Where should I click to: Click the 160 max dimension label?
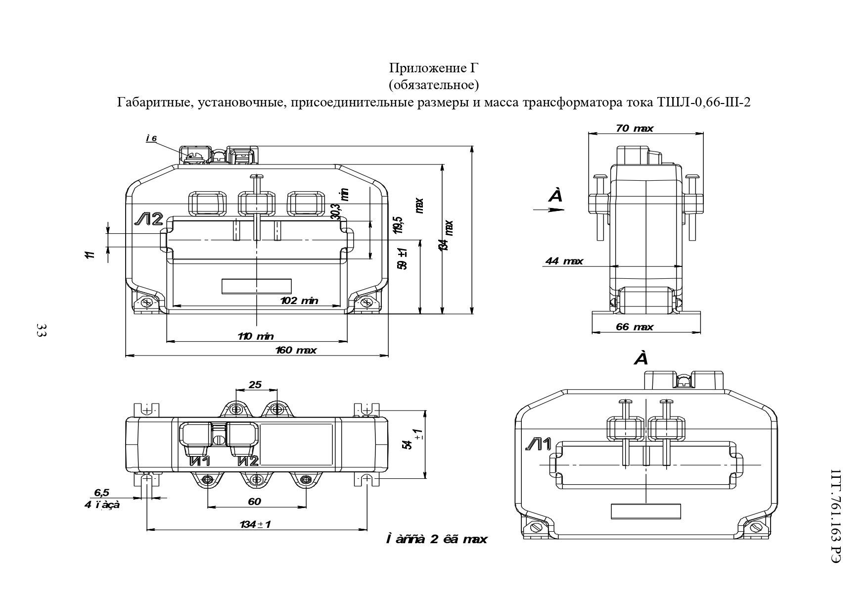pyautogui.click(x=296, y=351)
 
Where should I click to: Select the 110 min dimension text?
pyautogui.click(x=255, y=337)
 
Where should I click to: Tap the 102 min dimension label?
pyautogui.click(x=299, y=301)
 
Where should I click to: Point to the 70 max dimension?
pyautogui.click(x=635, y=129)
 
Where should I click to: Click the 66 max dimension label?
pyautogui.click(x=635, y=327)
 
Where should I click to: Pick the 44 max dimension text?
pyautogui.click(x=564, y=261)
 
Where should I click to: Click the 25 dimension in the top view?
pyautogui.click(x=255, y=385)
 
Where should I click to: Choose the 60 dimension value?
pyautogui.click(x=254, y=502)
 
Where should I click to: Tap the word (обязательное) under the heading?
pyautogui.click(x=434, y=85)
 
